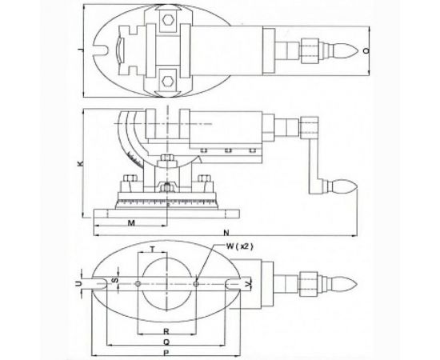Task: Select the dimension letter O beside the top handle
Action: (366, 50)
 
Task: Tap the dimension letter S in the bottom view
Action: (115, 282)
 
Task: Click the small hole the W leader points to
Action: (195, 282)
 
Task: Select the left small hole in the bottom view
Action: (138, 282)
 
